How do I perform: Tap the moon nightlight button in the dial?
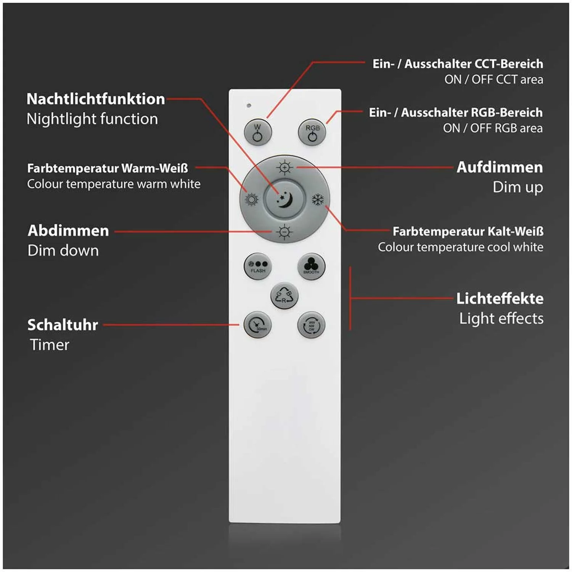tap(284, 199)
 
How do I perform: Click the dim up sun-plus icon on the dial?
tap(284, 167)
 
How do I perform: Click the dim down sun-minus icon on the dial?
tap(284, 232)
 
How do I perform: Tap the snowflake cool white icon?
tap(318, 199)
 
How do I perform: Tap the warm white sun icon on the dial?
tap(251, 199)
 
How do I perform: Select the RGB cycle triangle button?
tap(284, 296)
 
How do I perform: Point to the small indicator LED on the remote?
tap(249, 105)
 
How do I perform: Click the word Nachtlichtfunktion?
tap(96, 99)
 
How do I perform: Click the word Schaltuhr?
tap(63, 325)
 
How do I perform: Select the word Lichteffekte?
tap(500, 299)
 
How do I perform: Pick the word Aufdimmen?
tap(500, 167)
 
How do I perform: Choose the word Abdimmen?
tap(68, 231)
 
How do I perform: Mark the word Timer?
tap(50, 345)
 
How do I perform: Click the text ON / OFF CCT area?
tap(493, 79)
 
